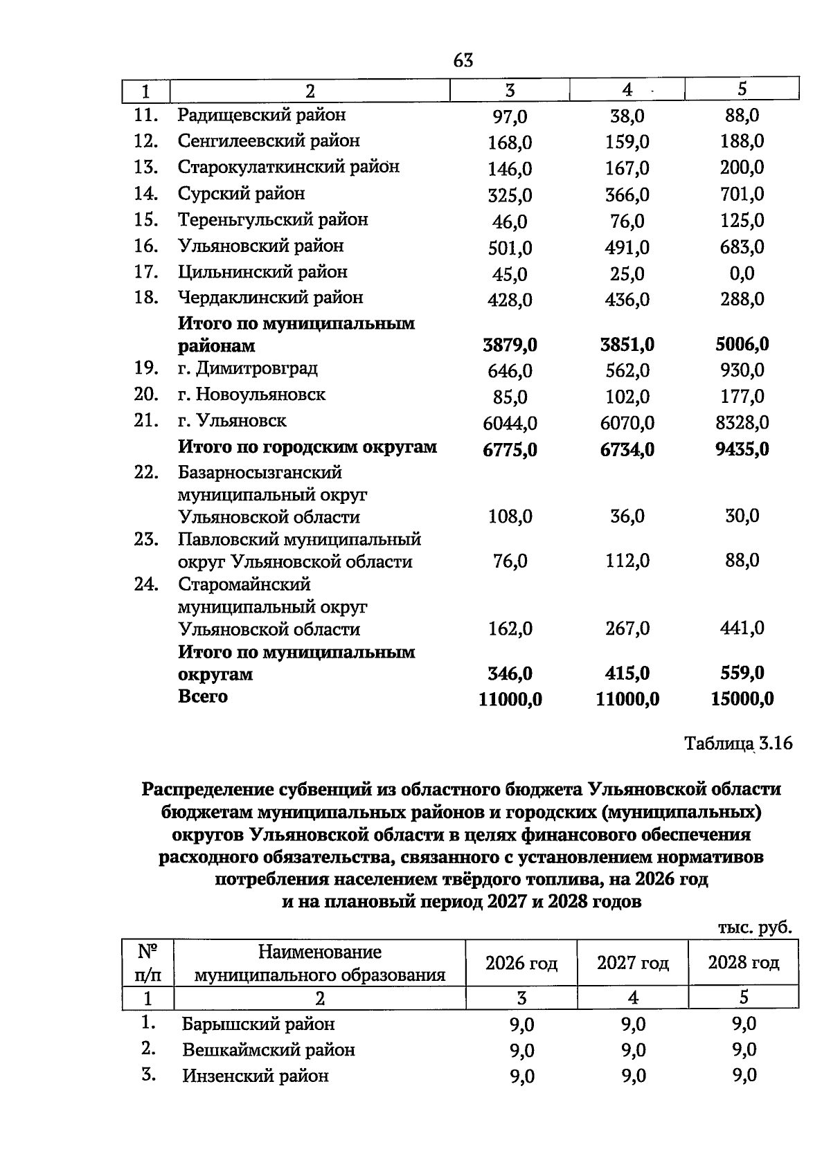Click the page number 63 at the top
463,61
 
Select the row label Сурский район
241,193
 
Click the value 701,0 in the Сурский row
742,194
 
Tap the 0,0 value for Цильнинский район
742,273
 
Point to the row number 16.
146,246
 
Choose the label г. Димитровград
247,368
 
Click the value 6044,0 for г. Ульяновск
510,423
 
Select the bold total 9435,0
742,449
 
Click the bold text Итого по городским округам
307,446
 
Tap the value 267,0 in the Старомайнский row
627,629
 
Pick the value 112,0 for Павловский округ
627,561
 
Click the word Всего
202,696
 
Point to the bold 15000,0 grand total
742,699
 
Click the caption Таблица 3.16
738,743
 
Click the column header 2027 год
632,963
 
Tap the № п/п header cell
148,963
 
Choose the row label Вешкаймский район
268,1050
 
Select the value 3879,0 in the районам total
510,345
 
